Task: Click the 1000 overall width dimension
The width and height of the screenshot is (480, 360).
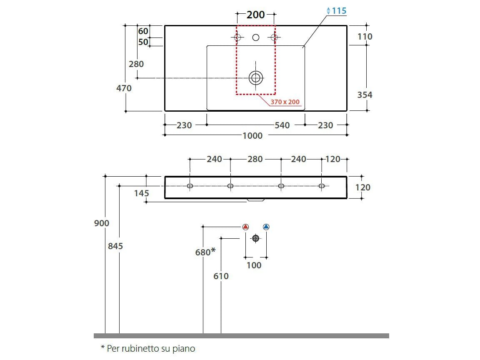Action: click(x=252, y=135)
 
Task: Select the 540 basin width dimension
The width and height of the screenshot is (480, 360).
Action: click(x=282, y=125)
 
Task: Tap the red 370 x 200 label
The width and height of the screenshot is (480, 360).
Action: click(x=285, y=102)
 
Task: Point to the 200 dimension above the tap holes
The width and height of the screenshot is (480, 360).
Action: click(x=255, y=15)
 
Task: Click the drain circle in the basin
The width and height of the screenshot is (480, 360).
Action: click(x=256, y=77)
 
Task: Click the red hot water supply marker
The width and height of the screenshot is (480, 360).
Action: click(x=245, y=227)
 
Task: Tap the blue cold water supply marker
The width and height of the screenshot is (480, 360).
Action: click(x=266, y=227)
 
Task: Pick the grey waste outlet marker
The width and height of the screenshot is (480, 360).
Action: click(x=256, y=238)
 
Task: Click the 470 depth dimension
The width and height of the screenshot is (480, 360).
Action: click(x=124, y=88)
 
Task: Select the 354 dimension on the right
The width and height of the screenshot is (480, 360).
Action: click(x=365, y=95)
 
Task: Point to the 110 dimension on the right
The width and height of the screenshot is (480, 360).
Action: click(x=365, y=37)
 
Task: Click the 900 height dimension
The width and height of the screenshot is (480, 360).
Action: click(x=101, y=223)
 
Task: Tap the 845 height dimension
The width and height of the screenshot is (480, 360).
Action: click(x=115, y=246)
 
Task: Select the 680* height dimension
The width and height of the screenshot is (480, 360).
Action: click(x=205, y=252)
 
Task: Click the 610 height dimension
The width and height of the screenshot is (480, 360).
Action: click(x=221, y=276)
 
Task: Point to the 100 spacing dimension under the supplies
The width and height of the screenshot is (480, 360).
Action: click(x=254, y=265)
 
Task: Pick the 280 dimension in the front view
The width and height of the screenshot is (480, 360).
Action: click(x=255, y=159)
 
